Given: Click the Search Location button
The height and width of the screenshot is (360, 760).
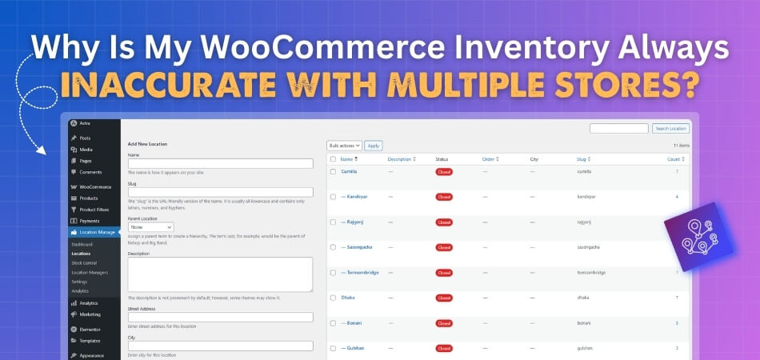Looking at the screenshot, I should click(x=670, y=128).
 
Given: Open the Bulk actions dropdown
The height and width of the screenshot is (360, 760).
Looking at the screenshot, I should click(x=345, y=146).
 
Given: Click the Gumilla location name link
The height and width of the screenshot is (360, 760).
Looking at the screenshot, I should click(x=349, y=172).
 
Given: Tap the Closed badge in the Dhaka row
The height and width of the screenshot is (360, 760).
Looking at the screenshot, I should click(x=444, y=298).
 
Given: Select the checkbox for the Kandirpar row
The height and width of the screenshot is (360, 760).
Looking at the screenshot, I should click(x=333, y=197).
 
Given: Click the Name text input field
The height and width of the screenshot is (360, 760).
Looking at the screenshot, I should click(x=220, y=163).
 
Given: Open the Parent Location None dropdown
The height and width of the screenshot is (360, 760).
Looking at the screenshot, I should click(x=150, y=227).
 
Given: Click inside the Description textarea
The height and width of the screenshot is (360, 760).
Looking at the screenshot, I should click(x=220, y=274).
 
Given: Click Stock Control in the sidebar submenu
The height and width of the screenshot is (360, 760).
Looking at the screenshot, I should click(x=84, y=262).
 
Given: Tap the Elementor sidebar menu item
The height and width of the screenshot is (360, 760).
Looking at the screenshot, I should click(x=90, y=329).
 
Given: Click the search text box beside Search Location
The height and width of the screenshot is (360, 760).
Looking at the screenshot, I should click(x=618, y=128).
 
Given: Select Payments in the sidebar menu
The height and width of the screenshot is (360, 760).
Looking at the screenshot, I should click(x=90, y=220).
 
